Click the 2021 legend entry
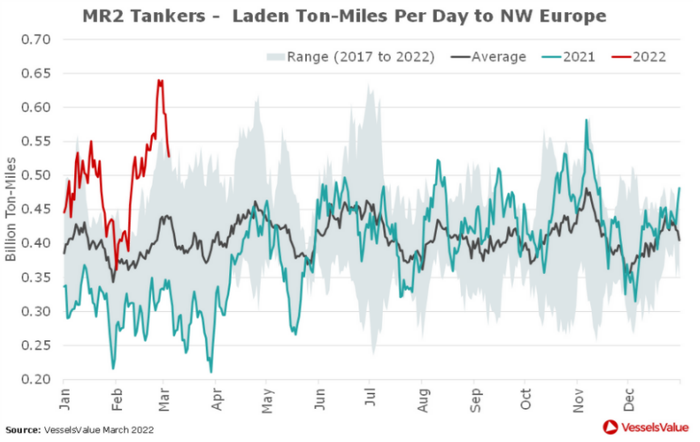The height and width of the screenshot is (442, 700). [x=569, y=57]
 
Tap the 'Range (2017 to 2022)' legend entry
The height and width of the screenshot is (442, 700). [x=352, y=57]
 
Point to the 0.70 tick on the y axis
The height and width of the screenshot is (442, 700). [x=36, y=40]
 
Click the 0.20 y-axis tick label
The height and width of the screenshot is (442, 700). [x=36, y=379]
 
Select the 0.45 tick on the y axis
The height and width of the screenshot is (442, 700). [x=36, y=209]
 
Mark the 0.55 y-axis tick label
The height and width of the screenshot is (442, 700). [x=36, y=141]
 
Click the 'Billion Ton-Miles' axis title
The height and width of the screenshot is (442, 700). [x=10, y=209]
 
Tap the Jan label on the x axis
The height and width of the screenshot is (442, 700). [x=65, y=395]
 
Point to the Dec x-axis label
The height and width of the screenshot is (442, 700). [x=629, y=395]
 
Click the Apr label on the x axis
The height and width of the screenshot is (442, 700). [x=217, y=395]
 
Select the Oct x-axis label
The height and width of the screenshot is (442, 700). [x=526, y=395]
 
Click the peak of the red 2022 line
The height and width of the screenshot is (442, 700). [x=159, y=80]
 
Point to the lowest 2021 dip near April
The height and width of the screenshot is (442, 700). [x=212, y=372]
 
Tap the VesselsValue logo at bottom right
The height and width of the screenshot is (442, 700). [x=644, y=427]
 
